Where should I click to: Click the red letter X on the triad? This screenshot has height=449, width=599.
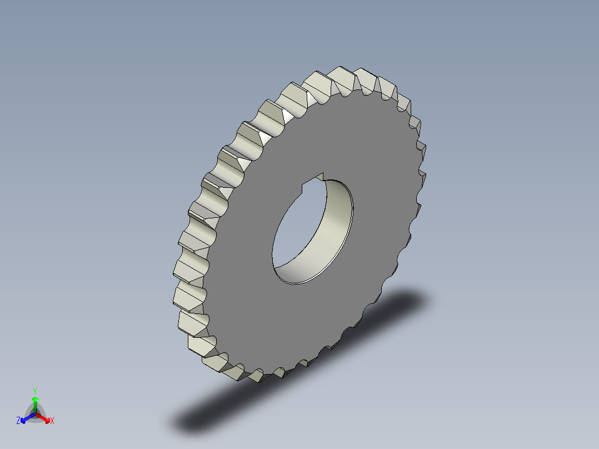coord(52,421)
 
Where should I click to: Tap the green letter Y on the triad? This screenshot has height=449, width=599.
coord(35,391)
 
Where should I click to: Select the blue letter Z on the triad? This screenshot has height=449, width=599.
coord(18,421)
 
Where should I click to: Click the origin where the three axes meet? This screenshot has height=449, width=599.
coord(35,414)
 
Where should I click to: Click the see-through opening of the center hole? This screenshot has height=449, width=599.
coord(294,233)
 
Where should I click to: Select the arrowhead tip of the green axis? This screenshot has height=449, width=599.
coord(35,398)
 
